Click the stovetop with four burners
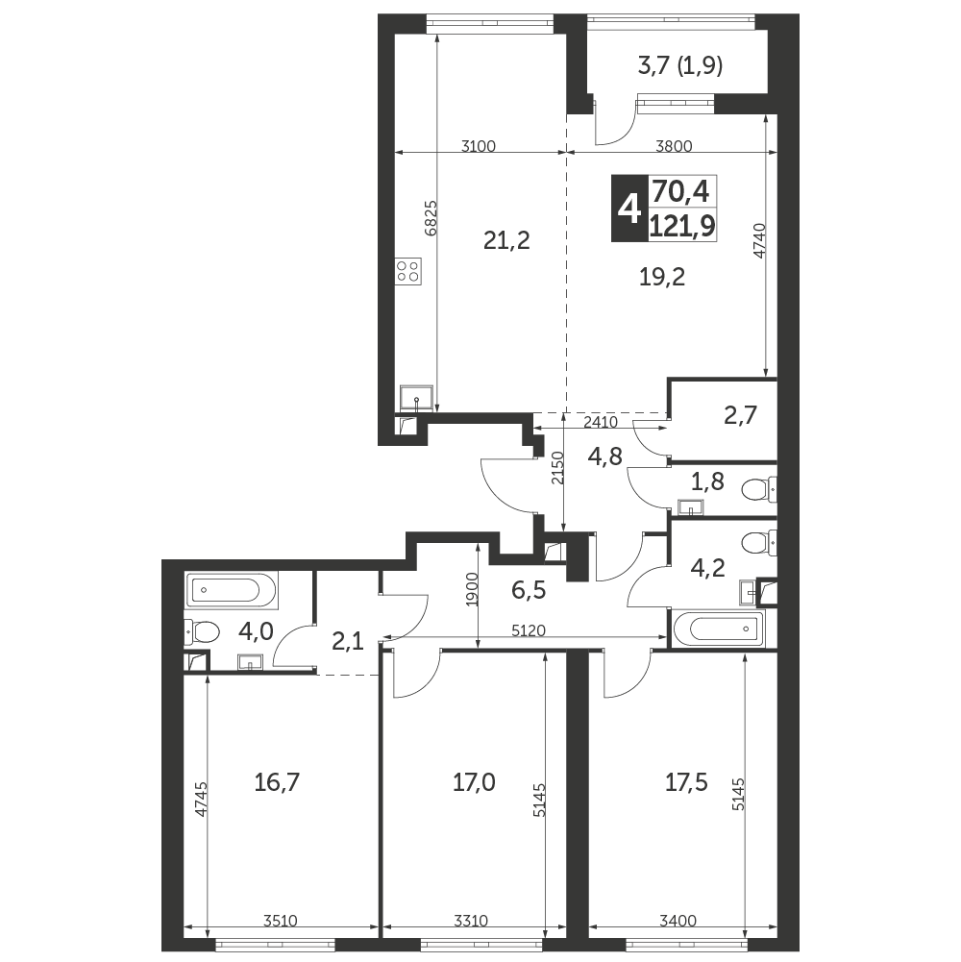click(x=407, y=271)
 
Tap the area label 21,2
click(x=506, y=240)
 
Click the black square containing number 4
click(x=630, y=208)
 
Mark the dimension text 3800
click(x=674, y=147)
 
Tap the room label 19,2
click(x=661, y=277)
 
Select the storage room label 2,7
click(x=741, y=415)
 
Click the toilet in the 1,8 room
click(x=758, y=492)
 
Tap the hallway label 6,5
click(x=530, y=590)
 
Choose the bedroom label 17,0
click(x=474, y=782)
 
